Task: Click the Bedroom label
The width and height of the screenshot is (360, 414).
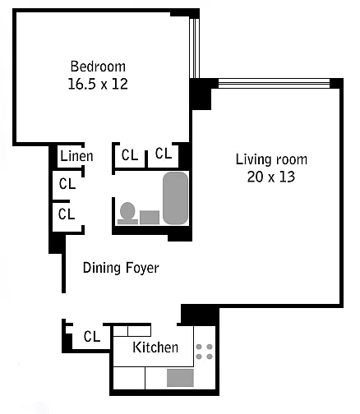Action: tap(98, 67)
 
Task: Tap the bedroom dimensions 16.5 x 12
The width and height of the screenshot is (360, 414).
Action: tap(98, 84)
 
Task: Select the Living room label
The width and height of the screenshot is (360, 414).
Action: tap(271, 159)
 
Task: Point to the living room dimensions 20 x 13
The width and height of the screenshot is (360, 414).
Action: tap(271, 177)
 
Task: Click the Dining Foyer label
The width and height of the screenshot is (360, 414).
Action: tap(121, 268)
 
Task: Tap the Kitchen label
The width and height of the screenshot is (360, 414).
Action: tap(155, 347)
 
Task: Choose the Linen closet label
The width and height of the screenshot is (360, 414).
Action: tap(76, 156)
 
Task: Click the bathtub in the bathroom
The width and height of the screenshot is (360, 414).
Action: tap(176, 198)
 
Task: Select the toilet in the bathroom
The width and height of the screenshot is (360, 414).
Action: tap(127, 214)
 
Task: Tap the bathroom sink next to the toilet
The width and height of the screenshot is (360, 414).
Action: tap(150, 218)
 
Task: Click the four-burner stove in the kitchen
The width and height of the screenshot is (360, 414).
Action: tap(205, 352)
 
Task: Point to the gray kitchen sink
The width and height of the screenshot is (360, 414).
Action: tap(180, 378)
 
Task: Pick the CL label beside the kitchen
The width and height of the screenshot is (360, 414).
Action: tap(92, 337)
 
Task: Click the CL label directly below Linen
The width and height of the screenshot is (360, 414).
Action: tap(67, 184)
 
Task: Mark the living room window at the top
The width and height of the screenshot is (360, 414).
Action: tap(274, 83)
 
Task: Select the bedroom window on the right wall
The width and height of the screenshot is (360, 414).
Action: tap(194, 48)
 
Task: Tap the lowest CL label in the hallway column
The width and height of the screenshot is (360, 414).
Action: tap(67, 214)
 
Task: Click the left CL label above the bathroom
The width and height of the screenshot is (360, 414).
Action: tap(130, 155)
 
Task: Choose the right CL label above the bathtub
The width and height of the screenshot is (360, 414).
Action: tap(164, 154)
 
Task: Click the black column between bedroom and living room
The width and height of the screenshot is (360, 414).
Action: tap(200, 94)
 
